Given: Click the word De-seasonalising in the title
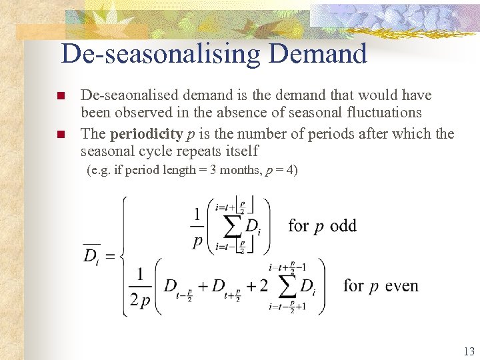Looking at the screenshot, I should coord(160,54).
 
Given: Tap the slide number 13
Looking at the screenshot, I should coord(468,351).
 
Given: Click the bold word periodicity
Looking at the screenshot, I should coord(146,134).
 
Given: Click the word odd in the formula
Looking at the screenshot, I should coord(343,226).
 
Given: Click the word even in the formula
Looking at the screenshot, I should coord(402,286).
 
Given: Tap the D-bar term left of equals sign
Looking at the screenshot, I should coord(91,254).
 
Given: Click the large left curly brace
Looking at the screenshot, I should coord(125,256).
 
